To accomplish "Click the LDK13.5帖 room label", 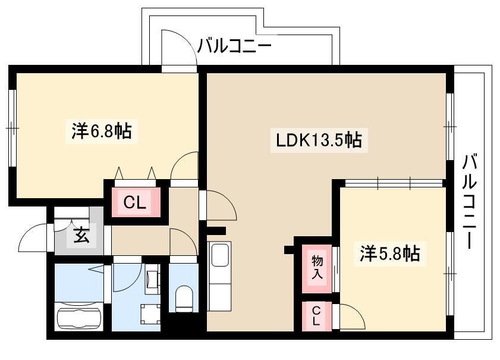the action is pos(319,140).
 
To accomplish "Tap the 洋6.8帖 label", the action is pos(102,130).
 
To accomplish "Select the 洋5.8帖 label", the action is pos(389,254).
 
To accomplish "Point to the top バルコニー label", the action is pos(234,46).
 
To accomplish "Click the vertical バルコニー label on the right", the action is pos(470,201).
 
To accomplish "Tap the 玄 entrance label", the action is pos(81,236).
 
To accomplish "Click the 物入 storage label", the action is pos(317,267).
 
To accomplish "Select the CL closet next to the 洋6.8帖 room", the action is pos(134,202).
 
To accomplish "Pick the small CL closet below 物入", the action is pos(316,315).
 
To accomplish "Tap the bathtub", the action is pos(80,317).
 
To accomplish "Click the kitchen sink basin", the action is pos(220,255).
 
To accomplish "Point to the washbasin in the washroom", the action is pos(152,278).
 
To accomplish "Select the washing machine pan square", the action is pos(151,314).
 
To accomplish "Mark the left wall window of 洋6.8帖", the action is pos(12,128).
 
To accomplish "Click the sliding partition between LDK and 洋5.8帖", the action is pos(394,183).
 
